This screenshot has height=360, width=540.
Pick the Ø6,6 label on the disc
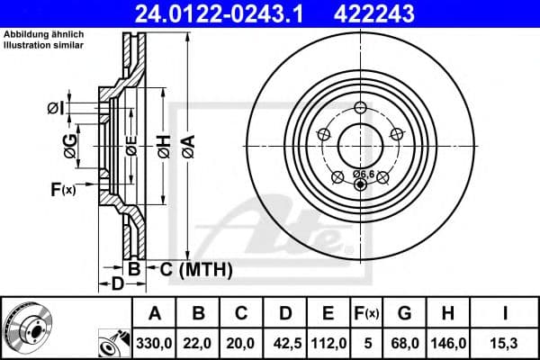point(364,173)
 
